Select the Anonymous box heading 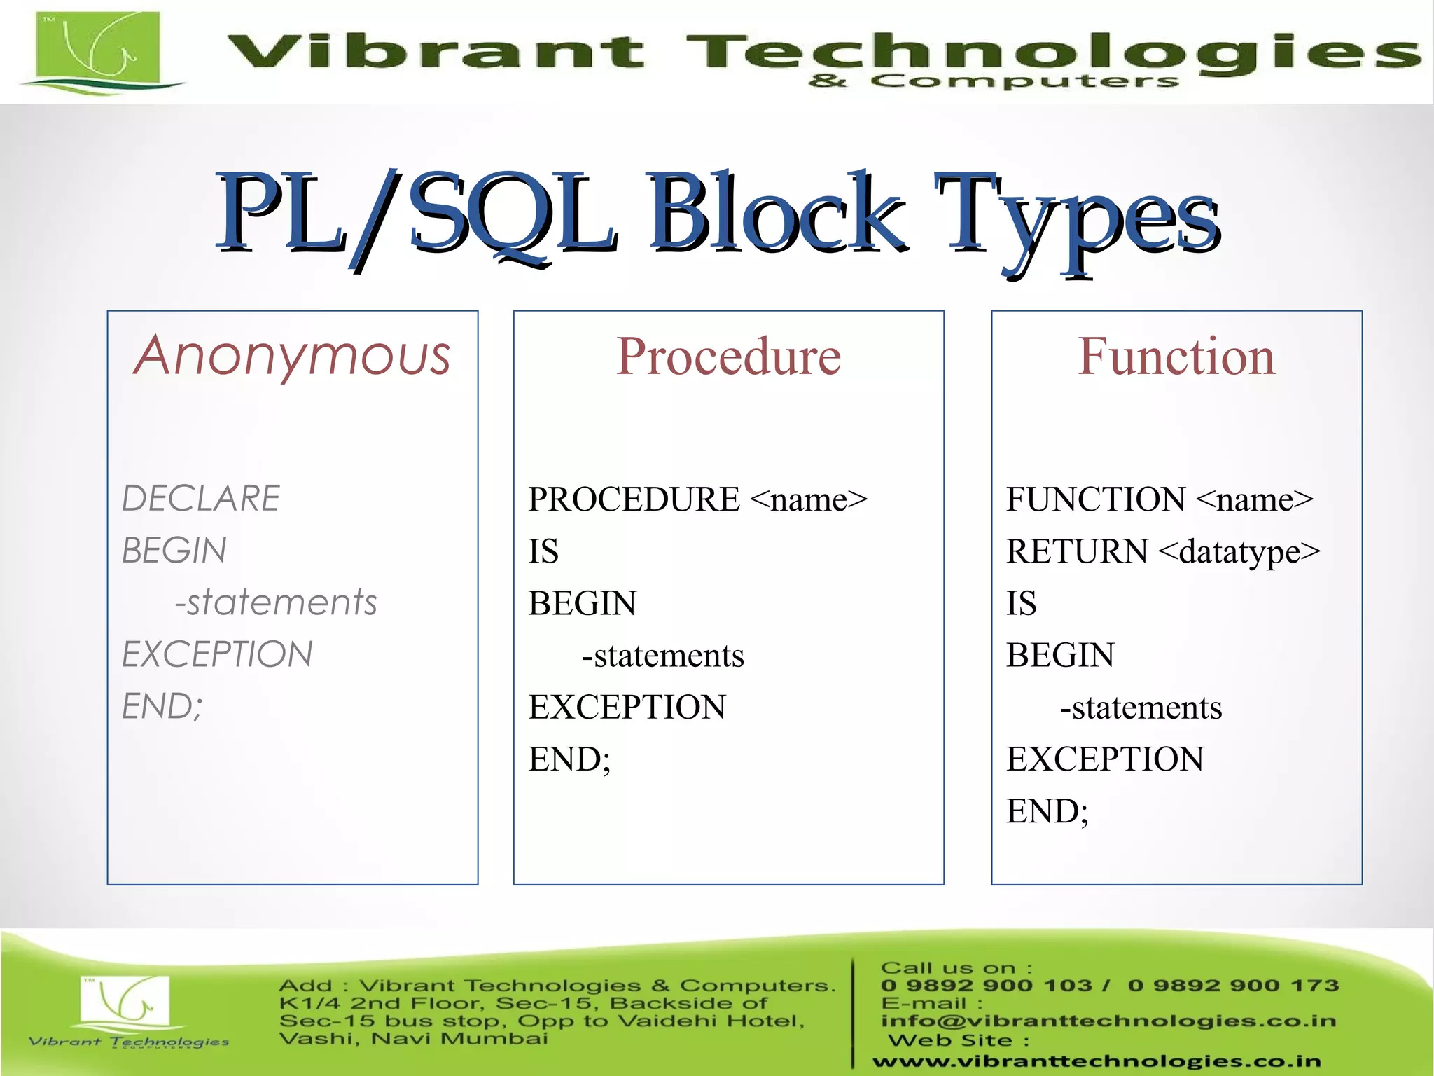(292, 355)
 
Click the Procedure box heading (728, 357)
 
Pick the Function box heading (1176, 357)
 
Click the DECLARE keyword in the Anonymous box (201, 499)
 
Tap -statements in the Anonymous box (276, 602)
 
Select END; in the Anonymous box (162, 706)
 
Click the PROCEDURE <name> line (697, 499)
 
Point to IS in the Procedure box (543, 551)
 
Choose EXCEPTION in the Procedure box (627, 707)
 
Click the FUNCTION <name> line (1160, 499)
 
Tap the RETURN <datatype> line (1163, 551)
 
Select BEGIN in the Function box (1060, 655)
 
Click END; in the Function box (1047, 811)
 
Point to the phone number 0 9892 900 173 (1233, 986)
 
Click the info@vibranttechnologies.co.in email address (1108, 1021)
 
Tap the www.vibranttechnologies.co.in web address (1097, 1062)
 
